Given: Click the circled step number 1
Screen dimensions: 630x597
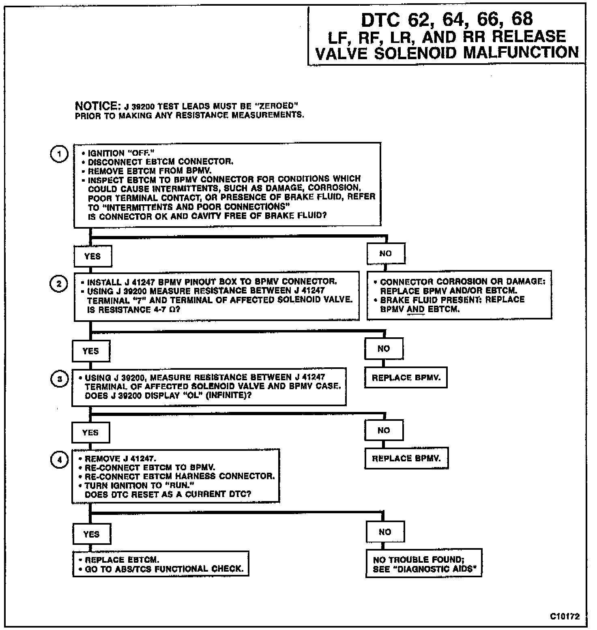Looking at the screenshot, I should [59, 154].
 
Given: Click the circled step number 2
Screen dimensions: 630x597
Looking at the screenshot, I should [59, 283].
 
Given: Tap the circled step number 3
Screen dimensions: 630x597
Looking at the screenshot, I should [59, 379].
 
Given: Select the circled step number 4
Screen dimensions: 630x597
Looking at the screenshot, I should [59, 460].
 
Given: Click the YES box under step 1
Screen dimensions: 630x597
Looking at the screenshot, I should [92, 256].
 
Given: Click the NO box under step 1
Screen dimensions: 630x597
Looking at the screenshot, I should [385, 253].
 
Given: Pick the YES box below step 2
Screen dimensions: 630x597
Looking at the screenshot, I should [91, 351].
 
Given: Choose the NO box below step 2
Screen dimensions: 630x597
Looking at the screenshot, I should [384, 349].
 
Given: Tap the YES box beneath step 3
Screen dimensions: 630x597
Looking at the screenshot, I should [90, 433].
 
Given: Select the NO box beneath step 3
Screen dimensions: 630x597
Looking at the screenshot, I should [384, 430].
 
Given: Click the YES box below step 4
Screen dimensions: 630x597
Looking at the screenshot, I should [91, 534].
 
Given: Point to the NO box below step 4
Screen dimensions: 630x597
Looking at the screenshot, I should [385, 532].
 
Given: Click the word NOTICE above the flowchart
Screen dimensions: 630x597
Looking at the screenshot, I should [96, 106].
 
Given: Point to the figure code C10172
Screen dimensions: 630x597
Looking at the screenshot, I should [565, 616].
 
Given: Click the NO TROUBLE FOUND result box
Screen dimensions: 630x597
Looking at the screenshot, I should [423, 564].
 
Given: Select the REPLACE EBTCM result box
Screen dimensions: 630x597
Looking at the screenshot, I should [161, 564].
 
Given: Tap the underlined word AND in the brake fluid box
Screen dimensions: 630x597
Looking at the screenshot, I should [415, 309].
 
